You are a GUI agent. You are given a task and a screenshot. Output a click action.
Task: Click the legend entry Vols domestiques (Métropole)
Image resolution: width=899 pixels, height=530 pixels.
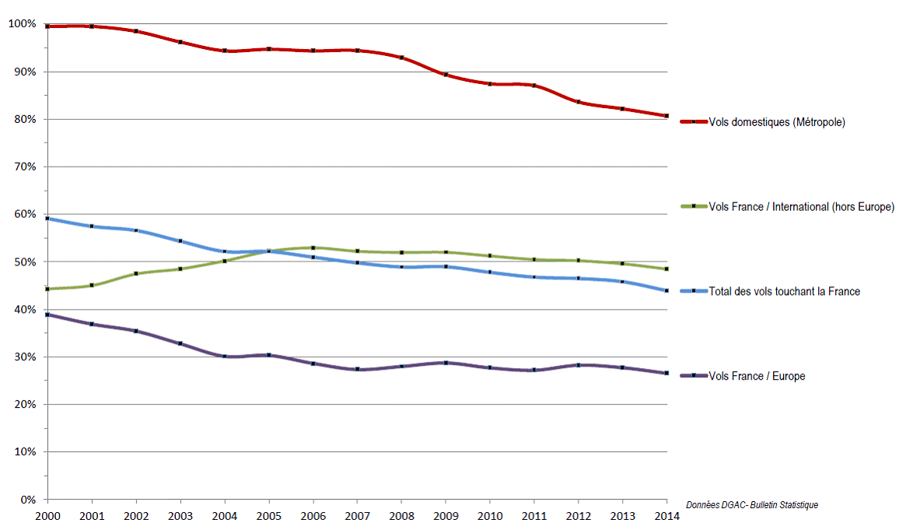(x=777, y=122)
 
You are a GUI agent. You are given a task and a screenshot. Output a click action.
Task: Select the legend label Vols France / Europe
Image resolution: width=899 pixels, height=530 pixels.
(x=757, y=376)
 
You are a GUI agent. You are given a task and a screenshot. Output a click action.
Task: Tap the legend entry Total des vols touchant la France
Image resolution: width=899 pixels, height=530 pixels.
(x=785, y=291)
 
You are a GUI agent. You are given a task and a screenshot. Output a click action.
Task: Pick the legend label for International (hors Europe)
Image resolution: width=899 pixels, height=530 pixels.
(x=801, y=206)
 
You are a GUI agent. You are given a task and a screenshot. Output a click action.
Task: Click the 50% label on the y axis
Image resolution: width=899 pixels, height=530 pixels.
(x=24, y=262)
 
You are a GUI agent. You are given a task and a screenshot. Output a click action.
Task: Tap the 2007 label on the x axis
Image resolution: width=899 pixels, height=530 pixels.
(x=358, y=517)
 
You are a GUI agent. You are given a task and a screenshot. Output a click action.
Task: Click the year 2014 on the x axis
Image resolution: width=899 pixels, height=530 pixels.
(x=666, y=517)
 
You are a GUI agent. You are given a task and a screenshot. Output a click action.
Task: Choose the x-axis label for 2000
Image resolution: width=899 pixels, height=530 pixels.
(x=47, y=517)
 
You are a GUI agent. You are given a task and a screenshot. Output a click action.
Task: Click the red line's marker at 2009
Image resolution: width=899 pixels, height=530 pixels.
(x=446, y=75)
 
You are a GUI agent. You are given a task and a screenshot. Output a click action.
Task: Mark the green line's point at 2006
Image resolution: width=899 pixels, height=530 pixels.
(x=313, y=247)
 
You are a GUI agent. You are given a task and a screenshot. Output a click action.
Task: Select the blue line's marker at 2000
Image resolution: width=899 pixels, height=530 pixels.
(x=47, y=219)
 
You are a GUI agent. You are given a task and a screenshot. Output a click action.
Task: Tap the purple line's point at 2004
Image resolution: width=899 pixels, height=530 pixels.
(x=225, y=356)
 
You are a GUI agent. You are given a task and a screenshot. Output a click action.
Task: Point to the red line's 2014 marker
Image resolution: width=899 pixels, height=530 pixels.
(x=666, y=116)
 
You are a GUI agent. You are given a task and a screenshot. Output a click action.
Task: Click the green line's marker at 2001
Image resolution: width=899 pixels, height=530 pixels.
(x=92, y=286)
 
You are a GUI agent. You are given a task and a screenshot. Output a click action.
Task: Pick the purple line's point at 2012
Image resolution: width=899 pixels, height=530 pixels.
(x=578, y=365)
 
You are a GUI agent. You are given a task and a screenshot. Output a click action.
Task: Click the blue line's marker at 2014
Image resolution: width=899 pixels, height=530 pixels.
(x=666, y=290)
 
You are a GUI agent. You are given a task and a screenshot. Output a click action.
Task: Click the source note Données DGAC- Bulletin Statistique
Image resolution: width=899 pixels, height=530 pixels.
(x=751, y=505)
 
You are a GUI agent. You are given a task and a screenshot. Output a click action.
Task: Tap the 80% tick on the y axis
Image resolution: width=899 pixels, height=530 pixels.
(x=24, y=119)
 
